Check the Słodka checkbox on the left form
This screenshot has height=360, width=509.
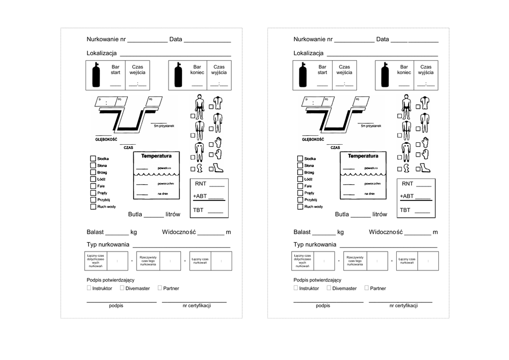93,159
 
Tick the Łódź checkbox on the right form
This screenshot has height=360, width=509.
300,179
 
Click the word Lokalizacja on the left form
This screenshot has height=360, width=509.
101,53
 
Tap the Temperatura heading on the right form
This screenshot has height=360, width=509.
363,156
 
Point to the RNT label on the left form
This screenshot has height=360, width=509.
200,184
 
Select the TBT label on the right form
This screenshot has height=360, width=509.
406,210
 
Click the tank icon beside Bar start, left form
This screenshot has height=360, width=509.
96,75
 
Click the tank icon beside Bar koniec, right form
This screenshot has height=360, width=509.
384,75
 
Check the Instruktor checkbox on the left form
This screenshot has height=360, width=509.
89,288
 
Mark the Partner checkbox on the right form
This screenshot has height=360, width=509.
366,288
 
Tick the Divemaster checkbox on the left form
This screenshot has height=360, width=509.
122,288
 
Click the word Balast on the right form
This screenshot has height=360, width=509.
302,232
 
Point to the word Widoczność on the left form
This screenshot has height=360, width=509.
179,232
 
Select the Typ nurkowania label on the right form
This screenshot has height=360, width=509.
315,245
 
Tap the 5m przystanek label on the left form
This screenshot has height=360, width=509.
165,126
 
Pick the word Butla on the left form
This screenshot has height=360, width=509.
135,214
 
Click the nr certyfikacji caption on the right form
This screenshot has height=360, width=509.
404,306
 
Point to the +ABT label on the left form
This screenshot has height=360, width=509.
200,196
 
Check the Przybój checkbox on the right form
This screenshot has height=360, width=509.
300,199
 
